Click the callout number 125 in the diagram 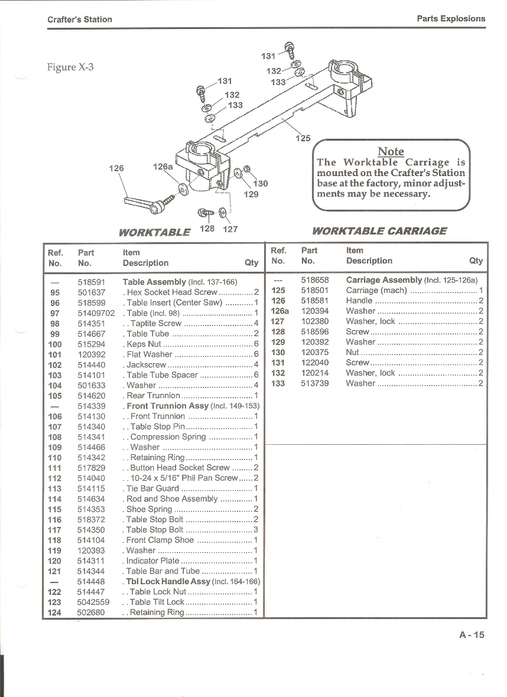click(x=303, y=138)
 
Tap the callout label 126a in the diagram click(x=162, y=167)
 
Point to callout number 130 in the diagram click(x=260, y=184)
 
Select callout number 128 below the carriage click(x=207, y=229)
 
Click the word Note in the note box click(x=391, y=151)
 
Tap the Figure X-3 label click(x=70, y=67)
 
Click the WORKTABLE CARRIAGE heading click(x=379, y=231)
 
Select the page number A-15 click(x=472, y=635)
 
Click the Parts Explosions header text click(x=451, y=19)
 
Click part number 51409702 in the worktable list click(x=96, y=314)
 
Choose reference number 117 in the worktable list click(x=55, y=530)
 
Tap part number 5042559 click(x=93, y=602)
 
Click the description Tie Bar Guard click(x=152, y=488)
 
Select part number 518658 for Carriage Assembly click(x=315, y=280)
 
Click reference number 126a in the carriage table click(x=279, y=311)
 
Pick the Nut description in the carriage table click(x=352, y=353)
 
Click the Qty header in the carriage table click(x=476, y=261)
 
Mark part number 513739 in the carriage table click(x=315, y=383)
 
